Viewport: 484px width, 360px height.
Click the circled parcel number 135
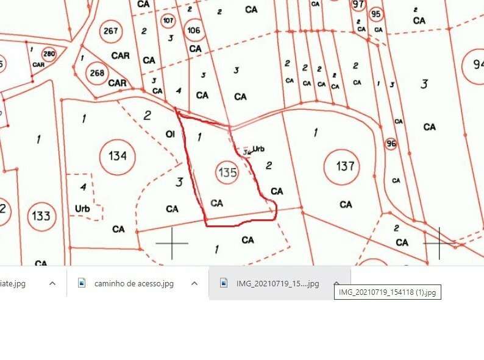pos(227,172)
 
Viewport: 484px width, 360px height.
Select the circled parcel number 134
pos(117,156)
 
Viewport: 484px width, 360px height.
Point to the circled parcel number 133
pos(41,216)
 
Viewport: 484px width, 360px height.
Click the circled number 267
pos(111,31)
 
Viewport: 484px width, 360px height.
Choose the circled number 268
pos(97,73)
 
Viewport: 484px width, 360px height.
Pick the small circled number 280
pos(49,54)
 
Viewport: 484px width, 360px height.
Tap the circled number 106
pos(194,30)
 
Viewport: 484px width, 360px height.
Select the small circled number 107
pos(169,21)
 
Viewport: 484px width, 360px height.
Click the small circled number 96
pos(391,144)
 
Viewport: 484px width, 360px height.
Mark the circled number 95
pos(375,14)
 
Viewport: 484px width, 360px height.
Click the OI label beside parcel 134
pos(170,134)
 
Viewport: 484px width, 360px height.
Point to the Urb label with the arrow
pos(258,148)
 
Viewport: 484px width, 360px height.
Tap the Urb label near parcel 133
pos(82,208)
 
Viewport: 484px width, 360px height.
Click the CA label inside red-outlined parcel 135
pos(216,203)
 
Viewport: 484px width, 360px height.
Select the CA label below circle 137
pos(346,205)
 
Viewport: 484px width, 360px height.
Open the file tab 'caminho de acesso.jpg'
pos(134,283)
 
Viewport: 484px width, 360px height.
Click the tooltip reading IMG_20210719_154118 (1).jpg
pos(387,292)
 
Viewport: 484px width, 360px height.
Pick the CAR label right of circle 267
pos(120,55)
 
